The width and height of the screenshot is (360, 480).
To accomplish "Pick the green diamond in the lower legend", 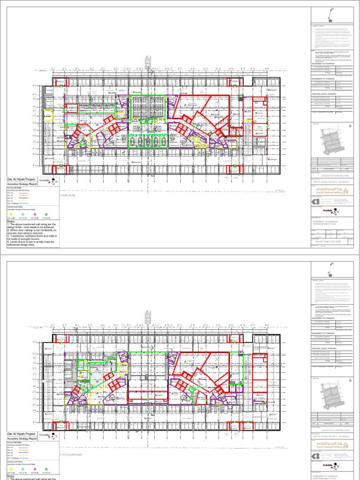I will [x=46, y=469].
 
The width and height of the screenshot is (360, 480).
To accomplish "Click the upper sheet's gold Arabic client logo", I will [x=337, y=190].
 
